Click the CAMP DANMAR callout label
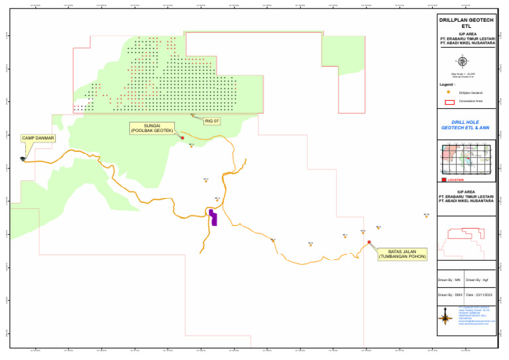click(38, 139)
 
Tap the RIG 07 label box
click(211, 121)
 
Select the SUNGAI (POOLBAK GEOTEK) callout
click(152, 129)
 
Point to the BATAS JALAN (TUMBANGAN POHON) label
click(402, 255)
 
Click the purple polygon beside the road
click(213, 217)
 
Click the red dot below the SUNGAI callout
click(173, 138)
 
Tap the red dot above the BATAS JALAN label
click(369, 242)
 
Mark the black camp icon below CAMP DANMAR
click(23, 158)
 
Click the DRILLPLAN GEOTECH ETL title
click(467, 23)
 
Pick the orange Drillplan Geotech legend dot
click(449, 92)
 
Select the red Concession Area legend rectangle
click(449, 101)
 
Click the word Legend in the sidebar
click(447, 85)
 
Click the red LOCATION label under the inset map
click(455, 180)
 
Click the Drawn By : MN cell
click(450, 280)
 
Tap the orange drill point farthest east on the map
click(427, 216)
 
